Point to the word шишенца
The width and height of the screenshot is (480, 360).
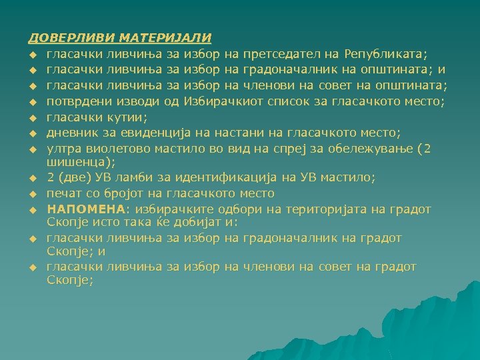[75, 161]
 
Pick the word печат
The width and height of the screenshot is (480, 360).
[63, 193]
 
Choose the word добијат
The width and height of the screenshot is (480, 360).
[183, 221]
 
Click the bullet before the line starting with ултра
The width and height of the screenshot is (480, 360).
[31, 149]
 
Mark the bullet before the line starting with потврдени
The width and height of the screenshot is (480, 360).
[31, 101]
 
